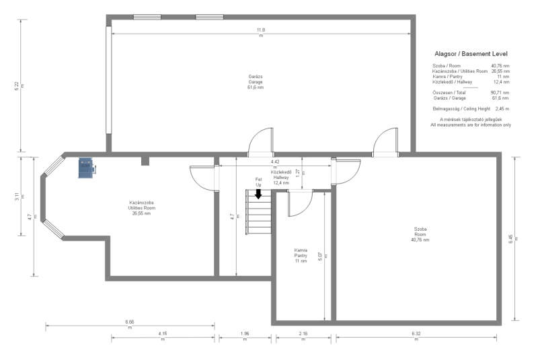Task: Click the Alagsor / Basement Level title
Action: click(471, 54)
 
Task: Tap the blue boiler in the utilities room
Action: click(87, 168)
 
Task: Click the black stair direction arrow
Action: click(258, 194)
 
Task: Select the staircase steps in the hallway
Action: click(258, 212)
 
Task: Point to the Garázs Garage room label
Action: click(256, 82)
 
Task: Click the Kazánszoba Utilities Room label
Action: click(141, 208)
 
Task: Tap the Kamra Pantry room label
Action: click(301, 256)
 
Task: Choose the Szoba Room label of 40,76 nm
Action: click(420, 234)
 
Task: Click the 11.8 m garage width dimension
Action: click(261, 32)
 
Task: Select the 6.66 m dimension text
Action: click(130, 324)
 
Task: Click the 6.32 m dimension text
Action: click(416, 336)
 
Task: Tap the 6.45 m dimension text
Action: click(513, 239)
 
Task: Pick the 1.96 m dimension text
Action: click(245, 336)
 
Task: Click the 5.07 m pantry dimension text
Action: click(323, 256)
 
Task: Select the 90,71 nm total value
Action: click(500, 93)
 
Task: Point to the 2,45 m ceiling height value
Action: click(502, 109)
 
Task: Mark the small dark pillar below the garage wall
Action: click(145, 161)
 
